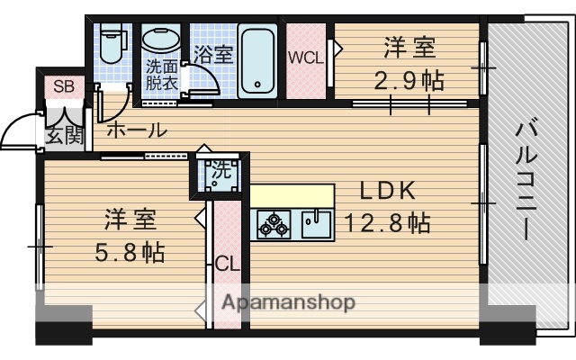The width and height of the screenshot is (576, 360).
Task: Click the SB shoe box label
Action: (x=63, y=87)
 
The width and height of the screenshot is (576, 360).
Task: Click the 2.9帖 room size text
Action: (x=409, y=81)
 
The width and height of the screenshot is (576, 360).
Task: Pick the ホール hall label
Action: (x=136, y=130)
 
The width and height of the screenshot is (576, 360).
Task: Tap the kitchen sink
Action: (x=316, y=222)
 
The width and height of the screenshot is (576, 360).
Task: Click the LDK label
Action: (x=387, y=190)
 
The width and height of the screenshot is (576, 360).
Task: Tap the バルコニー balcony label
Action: (x=524, y=180)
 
